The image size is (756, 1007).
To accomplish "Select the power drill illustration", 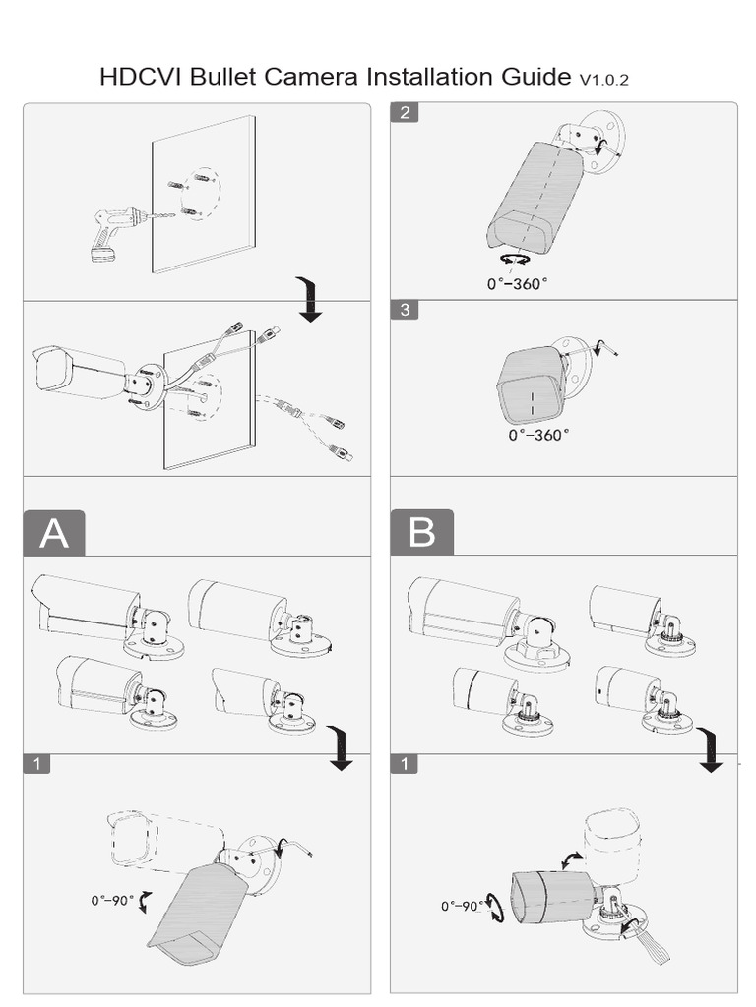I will pos(111,233).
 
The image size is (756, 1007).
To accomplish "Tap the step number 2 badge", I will pos(406,112).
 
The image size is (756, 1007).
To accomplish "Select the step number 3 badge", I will pos(406,310).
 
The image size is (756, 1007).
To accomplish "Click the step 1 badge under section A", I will pos(36,764).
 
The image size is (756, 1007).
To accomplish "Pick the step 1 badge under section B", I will pos(406,764).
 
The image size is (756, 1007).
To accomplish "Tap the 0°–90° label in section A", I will pos(111,900).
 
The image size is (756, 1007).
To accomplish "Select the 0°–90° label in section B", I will pos(463,906).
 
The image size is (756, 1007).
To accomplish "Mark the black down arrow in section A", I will pos(340,750).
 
